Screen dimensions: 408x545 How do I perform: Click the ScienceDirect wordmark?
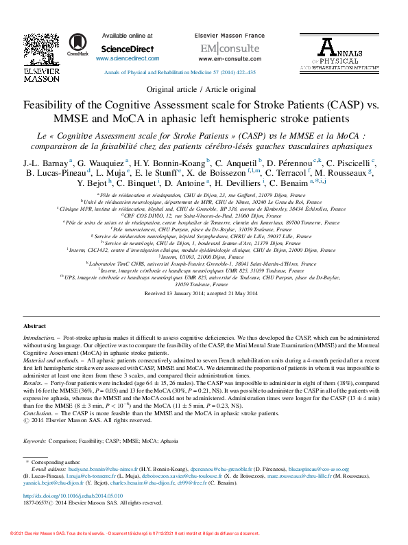click(128, 49)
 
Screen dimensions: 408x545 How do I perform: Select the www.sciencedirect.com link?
click(128, 60)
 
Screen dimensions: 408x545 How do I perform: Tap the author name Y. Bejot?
click(92, 184)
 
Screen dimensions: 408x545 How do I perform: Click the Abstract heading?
click(35, 326)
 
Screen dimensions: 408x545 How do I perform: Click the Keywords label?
click(35, 440)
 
